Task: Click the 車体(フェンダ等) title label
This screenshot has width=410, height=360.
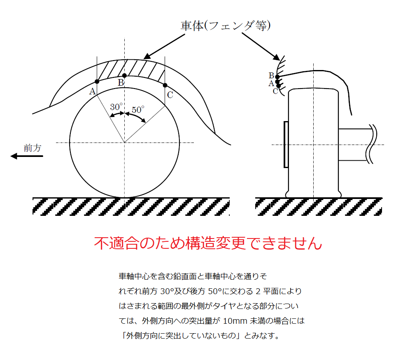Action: (225, 26)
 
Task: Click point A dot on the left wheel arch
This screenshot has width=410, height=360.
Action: (97, 82)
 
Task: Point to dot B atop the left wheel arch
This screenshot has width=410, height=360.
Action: (124, 75)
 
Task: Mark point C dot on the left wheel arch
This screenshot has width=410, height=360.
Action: (165, 85)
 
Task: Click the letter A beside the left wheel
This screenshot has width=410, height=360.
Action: (92, 91)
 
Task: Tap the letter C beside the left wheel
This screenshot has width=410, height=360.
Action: (170, 95)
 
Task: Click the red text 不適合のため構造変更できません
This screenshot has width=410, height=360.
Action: (207, 243)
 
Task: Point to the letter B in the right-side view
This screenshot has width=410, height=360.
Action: (271, 75)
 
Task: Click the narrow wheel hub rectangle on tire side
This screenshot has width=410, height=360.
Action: (286, 144)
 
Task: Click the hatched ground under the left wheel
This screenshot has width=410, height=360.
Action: (131, 206)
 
